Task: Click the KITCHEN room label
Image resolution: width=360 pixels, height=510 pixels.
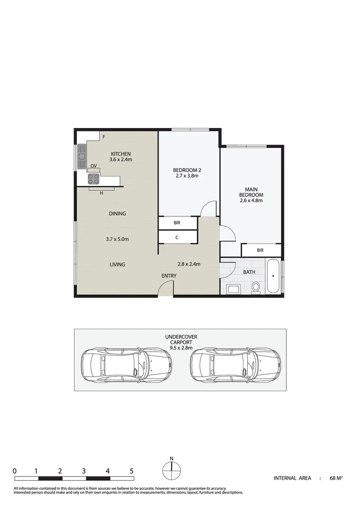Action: point(120,154)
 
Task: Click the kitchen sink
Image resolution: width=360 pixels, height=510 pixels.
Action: point(82,156)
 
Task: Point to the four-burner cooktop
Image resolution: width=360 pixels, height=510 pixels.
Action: point(93,179)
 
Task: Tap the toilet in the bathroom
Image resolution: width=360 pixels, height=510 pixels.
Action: point(256,287)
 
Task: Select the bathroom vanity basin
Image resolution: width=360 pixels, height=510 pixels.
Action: point(233,289)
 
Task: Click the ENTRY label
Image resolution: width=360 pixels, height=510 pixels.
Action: point(169,276)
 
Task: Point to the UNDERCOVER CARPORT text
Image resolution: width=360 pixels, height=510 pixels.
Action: point(181,340)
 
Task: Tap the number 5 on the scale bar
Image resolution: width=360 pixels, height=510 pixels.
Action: point(132,471)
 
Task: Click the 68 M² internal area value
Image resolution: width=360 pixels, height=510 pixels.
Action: point(336,478)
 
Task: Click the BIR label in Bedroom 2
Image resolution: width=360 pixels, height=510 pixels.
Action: point(177,222)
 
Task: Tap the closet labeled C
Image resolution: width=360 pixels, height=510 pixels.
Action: point(177,237)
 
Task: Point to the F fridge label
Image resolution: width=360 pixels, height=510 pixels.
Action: point(103,137)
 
